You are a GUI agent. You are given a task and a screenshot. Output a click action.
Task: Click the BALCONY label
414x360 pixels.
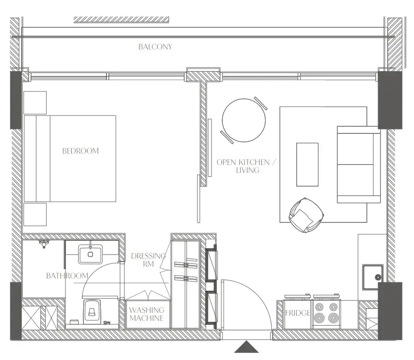[x=155, y=47]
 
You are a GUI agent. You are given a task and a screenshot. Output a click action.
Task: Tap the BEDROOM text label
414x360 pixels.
[x=81, y=151]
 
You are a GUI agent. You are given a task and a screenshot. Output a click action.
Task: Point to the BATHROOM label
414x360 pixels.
[x=67, y=276]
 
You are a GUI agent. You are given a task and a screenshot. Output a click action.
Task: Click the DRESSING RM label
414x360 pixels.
[x=148, y=260]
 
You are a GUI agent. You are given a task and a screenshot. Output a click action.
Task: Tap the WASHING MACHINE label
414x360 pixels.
[x=147, y=314]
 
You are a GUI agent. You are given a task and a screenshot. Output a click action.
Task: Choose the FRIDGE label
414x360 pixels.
[x=297, y=313]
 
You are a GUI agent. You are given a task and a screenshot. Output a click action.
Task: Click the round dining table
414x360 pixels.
[x=244, y=120]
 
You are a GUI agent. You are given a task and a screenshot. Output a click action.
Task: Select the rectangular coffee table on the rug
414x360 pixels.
[x=307, y=164]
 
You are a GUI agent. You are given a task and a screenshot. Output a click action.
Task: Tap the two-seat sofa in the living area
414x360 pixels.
[x=358, y=164]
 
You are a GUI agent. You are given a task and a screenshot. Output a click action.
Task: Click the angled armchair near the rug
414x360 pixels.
[x=306, y=214]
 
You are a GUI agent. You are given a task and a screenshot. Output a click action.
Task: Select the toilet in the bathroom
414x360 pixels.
[x=92, y=311]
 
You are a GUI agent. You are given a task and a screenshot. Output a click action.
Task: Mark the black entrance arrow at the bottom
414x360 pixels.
[x=246, y=347]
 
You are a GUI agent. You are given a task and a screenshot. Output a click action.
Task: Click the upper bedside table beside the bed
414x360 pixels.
[x=35, y=103]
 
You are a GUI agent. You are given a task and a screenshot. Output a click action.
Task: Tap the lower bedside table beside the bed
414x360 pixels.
[x=35, y=214]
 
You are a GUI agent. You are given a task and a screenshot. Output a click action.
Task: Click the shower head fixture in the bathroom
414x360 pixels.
[x=44, y=244]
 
